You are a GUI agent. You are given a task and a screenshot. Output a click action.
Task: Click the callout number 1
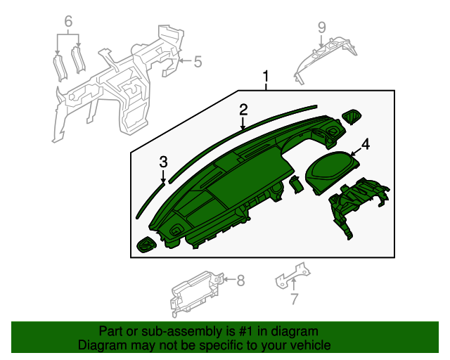tap(266, 75)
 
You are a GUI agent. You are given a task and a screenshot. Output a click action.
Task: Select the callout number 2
tap(243, 109)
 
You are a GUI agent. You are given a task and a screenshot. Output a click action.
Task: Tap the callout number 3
tap(163, 162)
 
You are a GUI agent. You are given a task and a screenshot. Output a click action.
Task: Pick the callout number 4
tap(365, 145)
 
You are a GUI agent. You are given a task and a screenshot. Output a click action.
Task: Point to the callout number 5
tap(198, 62)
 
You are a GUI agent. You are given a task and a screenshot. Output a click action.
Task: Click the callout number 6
tap(68, 22)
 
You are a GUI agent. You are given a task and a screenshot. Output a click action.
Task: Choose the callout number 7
tap(294, 300)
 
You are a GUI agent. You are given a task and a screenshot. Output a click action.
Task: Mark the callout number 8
tap(240, 281)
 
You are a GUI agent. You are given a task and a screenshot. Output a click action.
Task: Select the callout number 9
tap(321, 27)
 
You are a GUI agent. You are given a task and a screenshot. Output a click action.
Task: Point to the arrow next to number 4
tap(354, 150)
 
